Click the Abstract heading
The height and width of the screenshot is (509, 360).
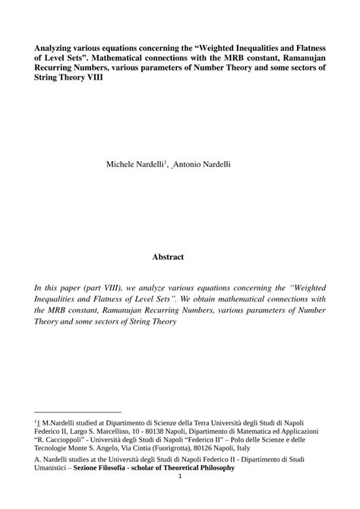coord(167,257)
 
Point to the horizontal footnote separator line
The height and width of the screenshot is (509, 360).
coord(78,411)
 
